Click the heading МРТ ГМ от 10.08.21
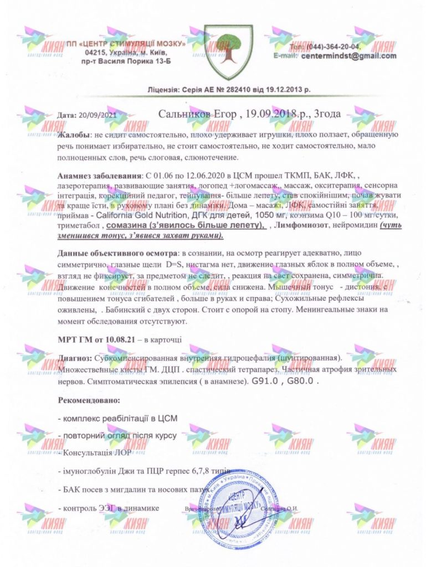(97, 337)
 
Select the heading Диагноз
(75, 358)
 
